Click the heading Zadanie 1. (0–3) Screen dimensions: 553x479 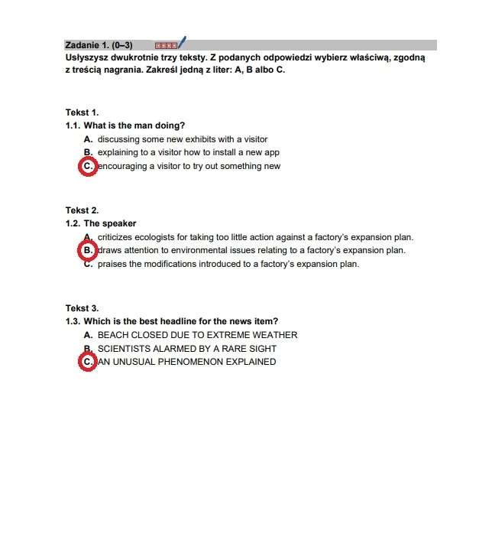click(99, 45)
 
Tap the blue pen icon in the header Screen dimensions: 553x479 click(182, 43)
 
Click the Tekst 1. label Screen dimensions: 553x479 click(82, 112)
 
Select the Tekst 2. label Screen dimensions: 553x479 click(82, 210)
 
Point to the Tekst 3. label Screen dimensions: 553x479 click(82, 308)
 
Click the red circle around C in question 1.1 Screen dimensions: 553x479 click(88, 166)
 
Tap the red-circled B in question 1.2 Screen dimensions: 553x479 click(88, 250)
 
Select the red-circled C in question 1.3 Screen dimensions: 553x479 click(88, 362)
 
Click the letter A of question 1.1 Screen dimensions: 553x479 click(88, 139)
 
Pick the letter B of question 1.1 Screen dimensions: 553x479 click(88, 152)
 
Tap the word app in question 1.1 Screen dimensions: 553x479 click(271, 152)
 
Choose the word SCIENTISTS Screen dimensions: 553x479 click(127, 349)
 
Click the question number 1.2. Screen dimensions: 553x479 click(73, 223)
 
